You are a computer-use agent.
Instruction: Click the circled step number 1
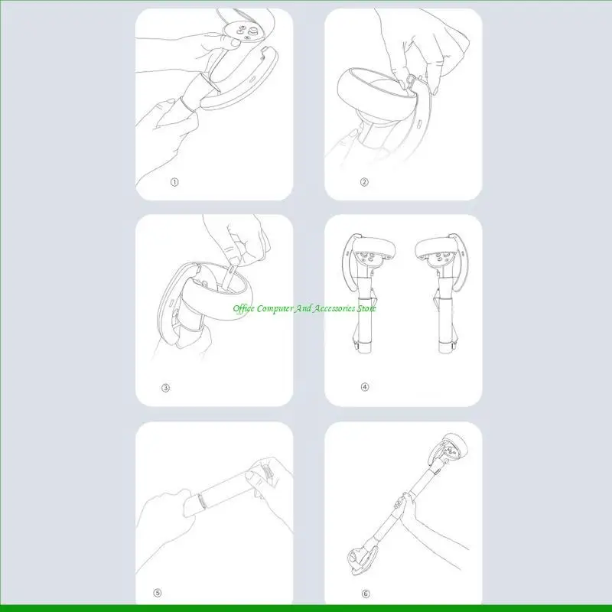[x=174, y=182]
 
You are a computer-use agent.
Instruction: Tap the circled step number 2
[x=365, y=182]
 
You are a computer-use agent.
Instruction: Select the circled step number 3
[x=165, y=388]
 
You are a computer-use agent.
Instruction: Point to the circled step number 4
[x=365, y=387]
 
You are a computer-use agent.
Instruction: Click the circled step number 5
[x=158, y=592]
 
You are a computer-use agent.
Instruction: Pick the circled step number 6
[x=365, y=592]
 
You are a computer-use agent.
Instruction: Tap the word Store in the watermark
[x=366, y=308]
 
